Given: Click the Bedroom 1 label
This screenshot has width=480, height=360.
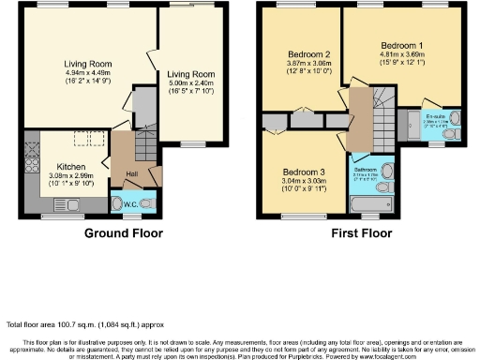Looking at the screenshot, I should coord(402,46).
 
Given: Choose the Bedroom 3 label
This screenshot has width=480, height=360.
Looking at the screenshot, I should coord(304,172).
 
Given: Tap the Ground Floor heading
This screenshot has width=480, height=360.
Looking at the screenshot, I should coord(124,233).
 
